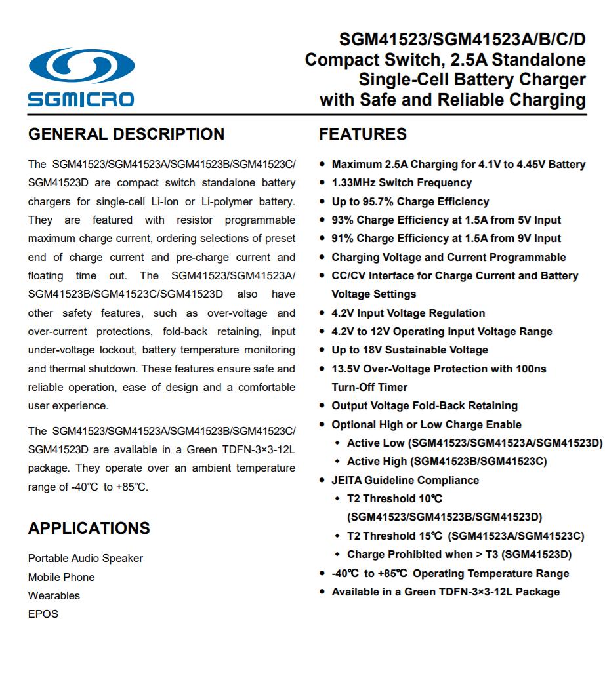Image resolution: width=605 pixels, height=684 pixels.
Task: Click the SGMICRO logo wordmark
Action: pos(81,100)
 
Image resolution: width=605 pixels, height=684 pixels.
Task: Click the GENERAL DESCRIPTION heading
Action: pos(126,134)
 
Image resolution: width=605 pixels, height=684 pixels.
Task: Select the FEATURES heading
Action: pos(362,134)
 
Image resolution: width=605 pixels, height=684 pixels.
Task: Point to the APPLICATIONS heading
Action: pos(89,528)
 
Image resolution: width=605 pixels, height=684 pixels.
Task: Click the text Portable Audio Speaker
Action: pos(85,558)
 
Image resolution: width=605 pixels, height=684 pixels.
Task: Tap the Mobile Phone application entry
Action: pos(61,577)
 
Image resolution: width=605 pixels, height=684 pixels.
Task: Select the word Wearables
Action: pos(54,595)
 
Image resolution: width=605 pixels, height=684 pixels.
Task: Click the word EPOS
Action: pos(43,614)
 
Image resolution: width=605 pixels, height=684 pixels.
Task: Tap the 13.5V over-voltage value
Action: pos(346,369)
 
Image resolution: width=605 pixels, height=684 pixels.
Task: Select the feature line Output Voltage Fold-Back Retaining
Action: pos(425,405)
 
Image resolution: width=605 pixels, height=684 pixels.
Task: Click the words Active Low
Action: pos(375,443)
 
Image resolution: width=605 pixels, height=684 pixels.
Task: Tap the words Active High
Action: pos(377,461)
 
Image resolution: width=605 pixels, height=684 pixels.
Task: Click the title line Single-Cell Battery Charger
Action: pos(472,80)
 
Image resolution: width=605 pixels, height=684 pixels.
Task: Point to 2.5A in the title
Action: pos(469,60)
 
